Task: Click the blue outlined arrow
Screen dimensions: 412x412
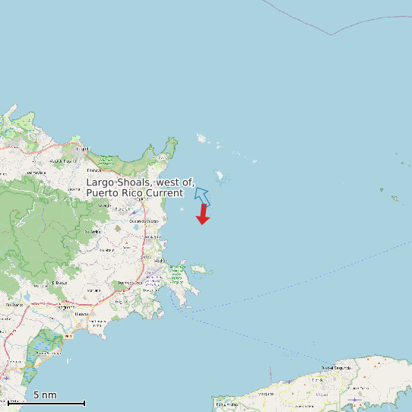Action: click(x=201, y=195)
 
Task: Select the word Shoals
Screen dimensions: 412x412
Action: click(x=134, y=182)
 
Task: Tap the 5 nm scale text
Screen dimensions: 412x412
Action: click(x=45, y=395)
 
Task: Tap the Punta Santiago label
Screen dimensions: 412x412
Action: click(x=97, y=323)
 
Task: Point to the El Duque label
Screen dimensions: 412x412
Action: click(x=60, y=283)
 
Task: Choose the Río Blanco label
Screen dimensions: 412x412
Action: click(x=15, y=304)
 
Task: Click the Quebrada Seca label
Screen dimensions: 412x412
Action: click(x=138, y=220)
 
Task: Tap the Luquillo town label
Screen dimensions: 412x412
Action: click(x=84, y=149)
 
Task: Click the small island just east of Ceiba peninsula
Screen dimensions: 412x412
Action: click(x=199, y=269)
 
